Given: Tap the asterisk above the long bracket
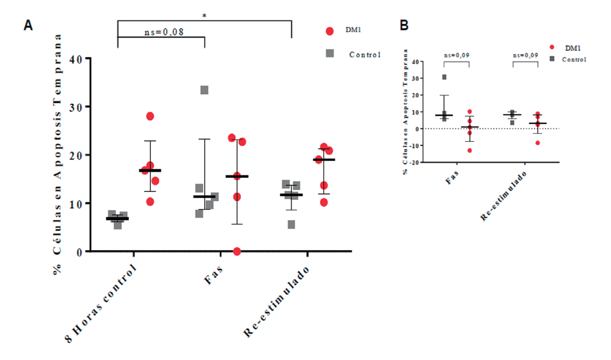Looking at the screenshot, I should click(204, 15).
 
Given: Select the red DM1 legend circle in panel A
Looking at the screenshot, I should click(331, 31).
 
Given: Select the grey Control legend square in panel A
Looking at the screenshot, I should click(331, 54).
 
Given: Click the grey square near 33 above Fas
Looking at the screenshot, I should click(205, 90).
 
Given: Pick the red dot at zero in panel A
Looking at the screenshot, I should click(237, 251).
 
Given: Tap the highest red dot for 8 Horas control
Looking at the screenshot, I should click(150, 116).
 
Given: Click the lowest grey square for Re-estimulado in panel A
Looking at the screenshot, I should click(291, 224).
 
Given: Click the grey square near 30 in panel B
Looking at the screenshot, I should click(445, 77).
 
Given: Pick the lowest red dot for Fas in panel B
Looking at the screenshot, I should click(470, 150).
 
